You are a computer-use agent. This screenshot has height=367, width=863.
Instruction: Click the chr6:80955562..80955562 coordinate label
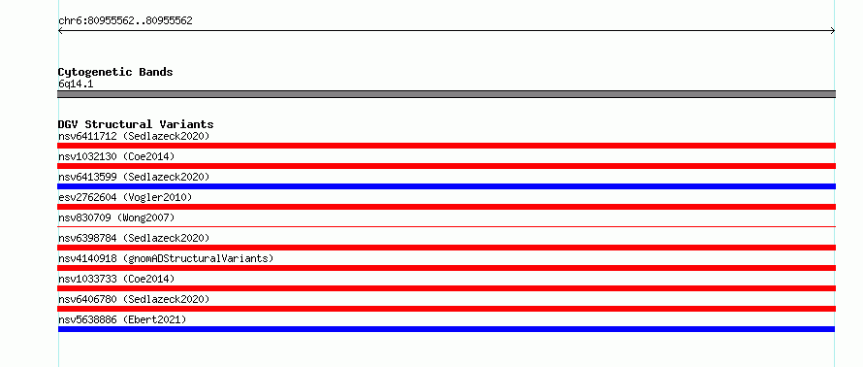click(x=125, y=21)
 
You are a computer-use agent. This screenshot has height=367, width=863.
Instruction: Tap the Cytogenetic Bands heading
click(x=115, y=72)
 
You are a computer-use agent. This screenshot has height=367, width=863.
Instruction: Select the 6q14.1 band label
click(x=76, y=84)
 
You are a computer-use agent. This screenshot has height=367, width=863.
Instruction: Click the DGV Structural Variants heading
click(x=136, y=124)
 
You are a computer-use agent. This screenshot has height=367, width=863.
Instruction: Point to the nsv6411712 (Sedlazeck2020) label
click(x=134, y=136)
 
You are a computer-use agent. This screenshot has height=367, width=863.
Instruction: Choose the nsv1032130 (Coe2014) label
click(x=116, y=156)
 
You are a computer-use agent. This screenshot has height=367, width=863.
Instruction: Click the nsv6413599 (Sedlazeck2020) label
click(x=134, y=177)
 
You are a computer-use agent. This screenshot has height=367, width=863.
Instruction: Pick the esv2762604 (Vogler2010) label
click(x=125, y=197)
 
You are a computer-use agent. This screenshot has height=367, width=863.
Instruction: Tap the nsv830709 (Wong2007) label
click(x=116, y=217)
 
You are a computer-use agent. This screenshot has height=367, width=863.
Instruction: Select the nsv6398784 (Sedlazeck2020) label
click(x=134, y=238)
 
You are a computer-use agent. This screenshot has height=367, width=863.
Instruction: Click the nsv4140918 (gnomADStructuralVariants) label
click(x=166, y=258)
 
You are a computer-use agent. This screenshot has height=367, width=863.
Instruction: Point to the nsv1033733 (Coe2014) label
click(x=116, y=279)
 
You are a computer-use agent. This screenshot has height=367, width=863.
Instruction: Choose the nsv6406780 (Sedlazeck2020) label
click(x=134, y=299)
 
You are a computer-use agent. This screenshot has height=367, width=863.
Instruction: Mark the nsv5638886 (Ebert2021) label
click(x=122, y=319)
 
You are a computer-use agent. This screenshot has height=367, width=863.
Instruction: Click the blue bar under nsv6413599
click(x=446, y=186)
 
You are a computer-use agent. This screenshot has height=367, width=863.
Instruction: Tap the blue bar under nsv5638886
click(x=446, y=329)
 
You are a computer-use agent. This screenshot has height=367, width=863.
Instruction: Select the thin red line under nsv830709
click(x=446, y=226)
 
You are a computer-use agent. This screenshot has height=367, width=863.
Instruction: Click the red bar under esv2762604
click(x=446, y=207)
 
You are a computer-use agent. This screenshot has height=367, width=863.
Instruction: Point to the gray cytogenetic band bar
click(x=446, y=94)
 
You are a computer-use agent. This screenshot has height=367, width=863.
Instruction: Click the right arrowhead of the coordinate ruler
click(x=834, y=31)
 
